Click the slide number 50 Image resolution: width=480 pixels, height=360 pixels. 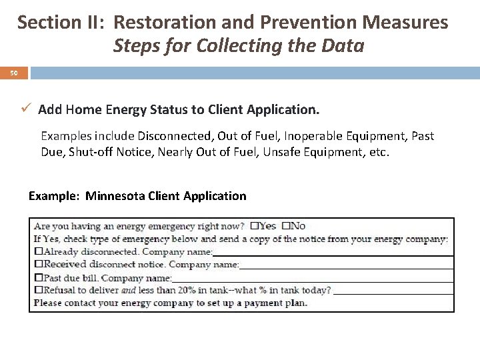click(x=14, y=72)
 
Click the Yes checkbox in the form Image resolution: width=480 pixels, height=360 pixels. click(x=254, y=226)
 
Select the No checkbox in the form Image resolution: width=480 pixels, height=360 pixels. click(x=286, y=226)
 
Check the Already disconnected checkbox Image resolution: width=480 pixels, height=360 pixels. click(x=39, y=251)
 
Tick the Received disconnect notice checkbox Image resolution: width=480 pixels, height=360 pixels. click(x=39, y=264)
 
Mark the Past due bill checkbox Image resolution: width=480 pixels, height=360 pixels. click(x=39, y=277)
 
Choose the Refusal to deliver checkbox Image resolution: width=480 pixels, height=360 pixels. click(x=39, y=289)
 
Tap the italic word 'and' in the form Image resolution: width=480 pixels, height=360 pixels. click(x=129, y=289)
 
